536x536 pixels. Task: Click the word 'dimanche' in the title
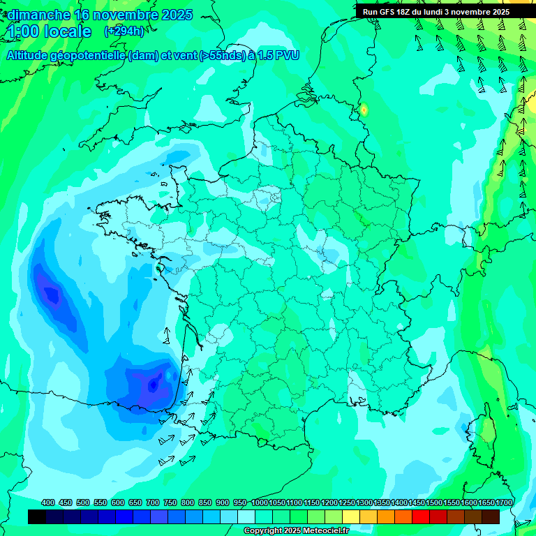pos(38,15)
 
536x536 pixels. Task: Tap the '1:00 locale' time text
pos(50,31)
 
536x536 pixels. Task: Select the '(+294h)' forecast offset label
pos(124,31)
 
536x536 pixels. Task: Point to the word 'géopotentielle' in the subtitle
pos(91,55)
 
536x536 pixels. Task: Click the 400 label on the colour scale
pos(48,503)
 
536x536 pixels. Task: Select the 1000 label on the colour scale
pos(260,503)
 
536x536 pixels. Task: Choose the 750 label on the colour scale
pos(170,503)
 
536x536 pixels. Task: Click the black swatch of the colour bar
pos(37,516)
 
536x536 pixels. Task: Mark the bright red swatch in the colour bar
pos(421,516)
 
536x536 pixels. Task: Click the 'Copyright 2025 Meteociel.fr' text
pos(295,531)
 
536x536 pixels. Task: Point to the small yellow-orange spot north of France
pos(364,110)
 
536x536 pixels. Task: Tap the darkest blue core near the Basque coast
pos(153,383)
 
